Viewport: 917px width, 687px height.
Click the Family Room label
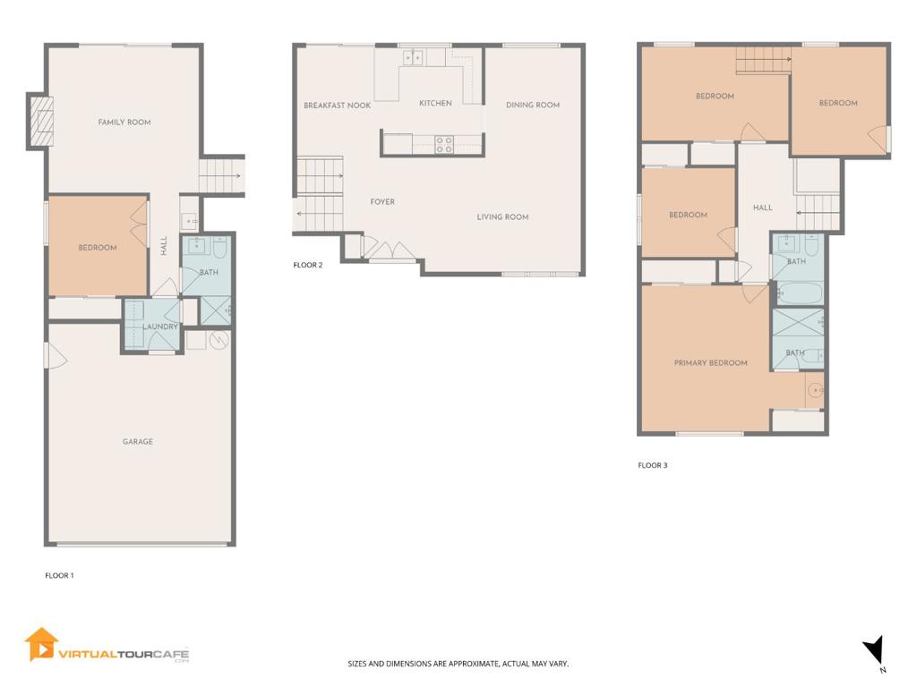[x=124, y=123]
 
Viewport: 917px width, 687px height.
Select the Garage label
[x=138, y=442]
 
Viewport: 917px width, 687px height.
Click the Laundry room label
[x=161, y=327]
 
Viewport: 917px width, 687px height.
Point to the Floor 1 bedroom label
[x=97, y=248]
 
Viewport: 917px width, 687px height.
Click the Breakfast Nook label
[x=337, y=106]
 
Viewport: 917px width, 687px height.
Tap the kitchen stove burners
[x=445, y=144]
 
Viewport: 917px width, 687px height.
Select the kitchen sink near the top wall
[x=413, y=58]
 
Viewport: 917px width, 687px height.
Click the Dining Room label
[x=533, y=106]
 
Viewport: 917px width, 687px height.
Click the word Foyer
[x=382, y=202]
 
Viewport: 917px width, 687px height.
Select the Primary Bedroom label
[x=710, y=363]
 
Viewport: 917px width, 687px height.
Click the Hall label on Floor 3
[x=762, y=208]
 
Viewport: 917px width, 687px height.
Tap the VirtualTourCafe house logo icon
[x=41, y=644]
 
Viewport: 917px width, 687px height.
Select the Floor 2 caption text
[x=308, y=265]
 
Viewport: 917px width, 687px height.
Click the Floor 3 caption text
[x=652, y=465]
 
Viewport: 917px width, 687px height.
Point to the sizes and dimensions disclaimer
[x=458, y=664]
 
